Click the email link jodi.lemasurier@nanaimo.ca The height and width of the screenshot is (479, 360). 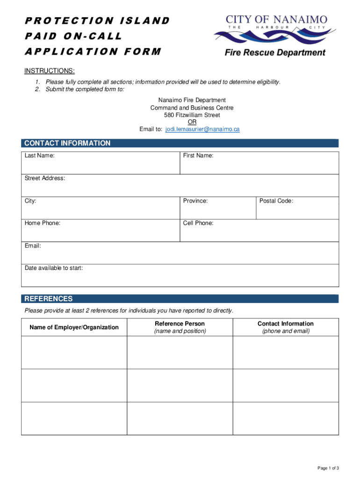point(202,129)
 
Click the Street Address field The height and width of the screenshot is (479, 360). point(180,186)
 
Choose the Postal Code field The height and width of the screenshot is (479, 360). point(297,208)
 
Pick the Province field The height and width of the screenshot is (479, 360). point(218,208)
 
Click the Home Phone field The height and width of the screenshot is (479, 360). point(101,231)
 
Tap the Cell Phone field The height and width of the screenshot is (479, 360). point(259,231)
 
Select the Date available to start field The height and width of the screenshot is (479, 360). point(180,276)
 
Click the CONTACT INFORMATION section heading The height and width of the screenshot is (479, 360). point(67,143)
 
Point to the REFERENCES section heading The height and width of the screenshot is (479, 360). point(49,299)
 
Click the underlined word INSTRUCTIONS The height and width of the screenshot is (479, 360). point(49,71)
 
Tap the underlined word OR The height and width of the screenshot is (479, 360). point(192,122)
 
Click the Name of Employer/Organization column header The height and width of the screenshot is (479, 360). point(74,327)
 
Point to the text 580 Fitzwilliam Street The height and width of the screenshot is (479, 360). point(192,115)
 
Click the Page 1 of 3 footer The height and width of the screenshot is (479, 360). point(328,468)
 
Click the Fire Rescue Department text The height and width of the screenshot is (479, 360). point(275,53)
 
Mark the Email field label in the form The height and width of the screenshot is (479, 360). point(33,246)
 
